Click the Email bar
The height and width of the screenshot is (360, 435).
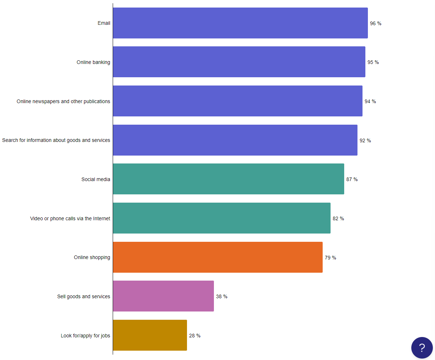240,23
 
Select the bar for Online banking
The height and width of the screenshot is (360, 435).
239,62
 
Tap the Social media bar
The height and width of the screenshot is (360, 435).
228,179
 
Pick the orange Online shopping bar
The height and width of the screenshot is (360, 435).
217,257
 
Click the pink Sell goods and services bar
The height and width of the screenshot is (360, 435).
163,296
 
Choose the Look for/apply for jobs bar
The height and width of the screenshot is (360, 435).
150,335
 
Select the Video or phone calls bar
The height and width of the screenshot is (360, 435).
221,218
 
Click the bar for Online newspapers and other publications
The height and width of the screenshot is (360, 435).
238,101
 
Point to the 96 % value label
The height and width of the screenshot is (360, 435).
375,23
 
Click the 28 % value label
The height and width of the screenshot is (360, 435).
195,336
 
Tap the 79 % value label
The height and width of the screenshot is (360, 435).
330,258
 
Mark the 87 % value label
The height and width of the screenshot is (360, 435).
352,179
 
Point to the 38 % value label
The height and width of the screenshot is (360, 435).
221,296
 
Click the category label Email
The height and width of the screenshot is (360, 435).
104,23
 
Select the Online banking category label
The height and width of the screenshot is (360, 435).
93,62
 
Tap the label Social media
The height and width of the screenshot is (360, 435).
95,179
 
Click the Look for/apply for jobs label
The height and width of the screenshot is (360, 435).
85,336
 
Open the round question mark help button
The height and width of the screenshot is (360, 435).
422,347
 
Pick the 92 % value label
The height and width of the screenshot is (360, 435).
365,140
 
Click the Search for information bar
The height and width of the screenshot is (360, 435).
235,140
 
